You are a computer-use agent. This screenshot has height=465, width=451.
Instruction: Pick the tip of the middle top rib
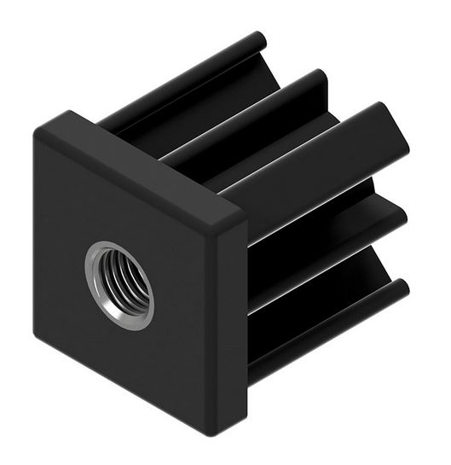(x=319, y=78)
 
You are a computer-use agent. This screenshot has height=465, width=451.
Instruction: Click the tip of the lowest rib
(x=401, y=288)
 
